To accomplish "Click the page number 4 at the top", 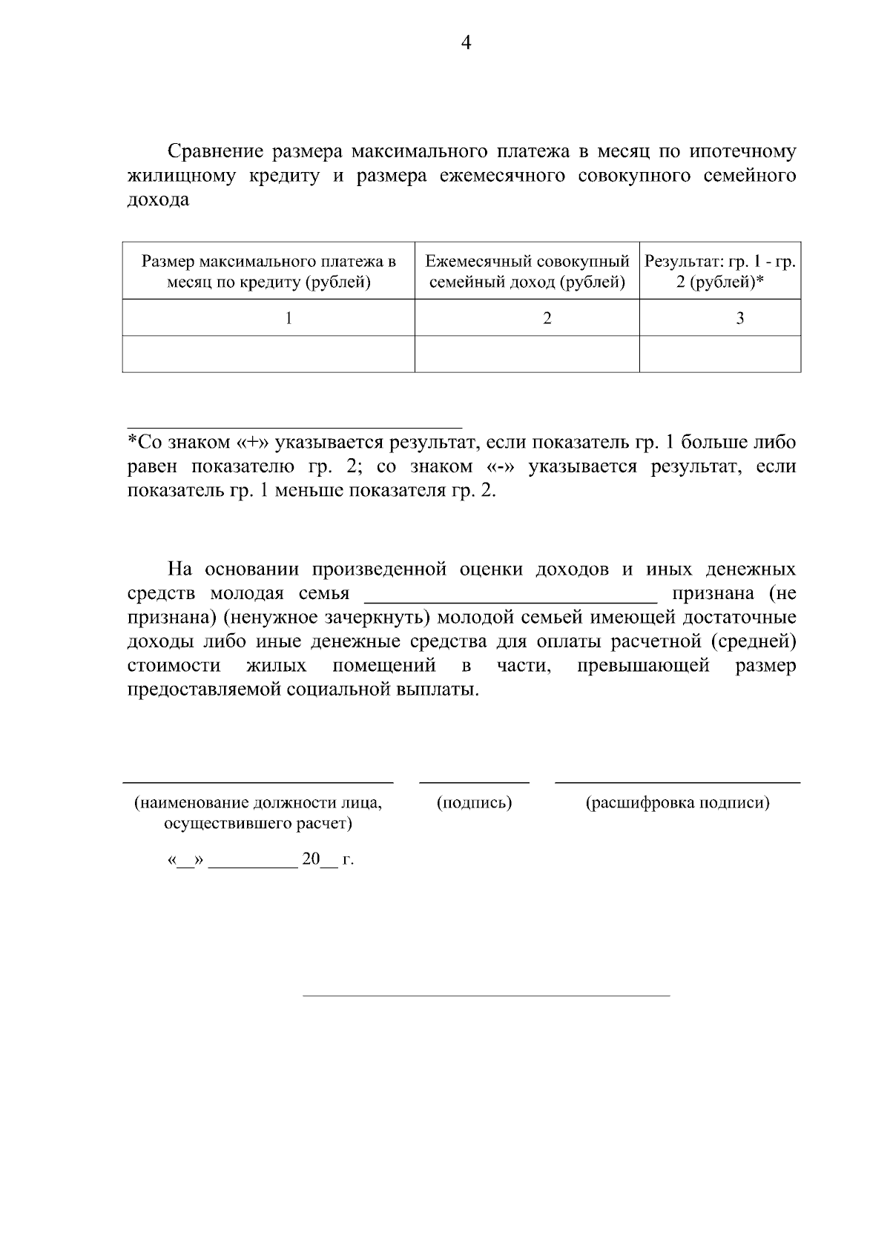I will (x=466, y=43).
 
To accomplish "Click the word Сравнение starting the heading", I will (x=215, y=152).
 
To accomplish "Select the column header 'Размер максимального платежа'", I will (x=268, y=271).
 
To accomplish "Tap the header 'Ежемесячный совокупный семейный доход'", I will (x=527, y=271).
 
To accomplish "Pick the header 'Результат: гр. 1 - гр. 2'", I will (x=719, y=271).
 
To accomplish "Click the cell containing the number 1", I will (x=289, y=318).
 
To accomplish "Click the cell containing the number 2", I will (x=547, y=318).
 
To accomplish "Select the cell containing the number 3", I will (x=739, y=318).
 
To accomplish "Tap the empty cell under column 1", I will (x=268, y=354).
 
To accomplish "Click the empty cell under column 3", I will (x=719, y=354).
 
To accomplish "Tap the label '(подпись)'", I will (x=475, y=803).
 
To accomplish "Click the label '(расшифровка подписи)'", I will (x=677, y=803).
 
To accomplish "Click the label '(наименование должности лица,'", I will (x=258, y=803).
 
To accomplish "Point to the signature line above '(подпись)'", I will (x=475, y=781).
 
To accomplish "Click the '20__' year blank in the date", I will (x=319, y=860).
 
